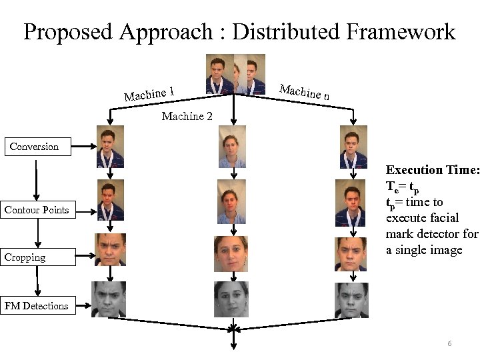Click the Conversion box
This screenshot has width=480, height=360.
(34, 147)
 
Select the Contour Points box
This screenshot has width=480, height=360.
(37, 210)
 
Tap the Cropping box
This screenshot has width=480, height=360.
(25, 257)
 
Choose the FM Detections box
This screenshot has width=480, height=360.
(37, 306)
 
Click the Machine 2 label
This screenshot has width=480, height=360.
(187, 117)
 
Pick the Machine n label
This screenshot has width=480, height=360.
(304, 91)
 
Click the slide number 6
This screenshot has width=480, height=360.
(449, 343)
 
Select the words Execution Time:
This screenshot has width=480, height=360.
(432, 170)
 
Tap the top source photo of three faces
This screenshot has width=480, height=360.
(235, 74)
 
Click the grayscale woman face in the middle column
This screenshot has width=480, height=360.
(231, 299)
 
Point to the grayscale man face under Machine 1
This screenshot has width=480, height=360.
(109, 299)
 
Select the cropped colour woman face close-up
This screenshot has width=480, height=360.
(231, 253)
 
